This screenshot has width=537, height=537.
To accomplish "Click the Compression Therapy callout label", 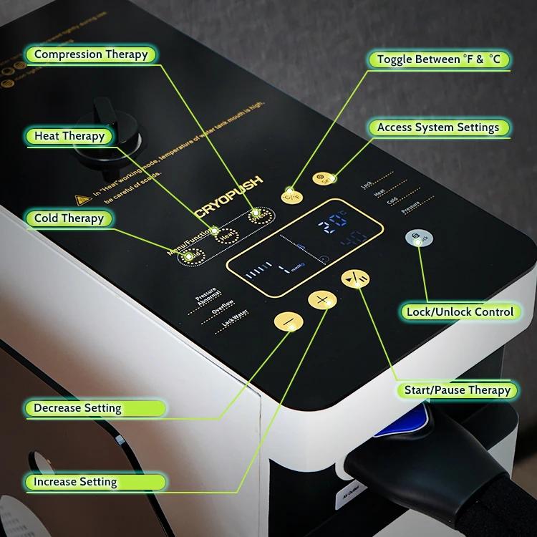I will click(91, 54).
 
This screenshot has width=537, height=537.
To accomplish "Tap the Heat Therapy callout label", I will click(69, 136).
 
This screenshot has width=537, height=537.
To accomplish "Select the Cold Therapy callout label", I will click(69, 218).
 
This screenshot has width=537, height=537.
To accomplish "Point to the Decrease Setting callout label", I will click(77, 408).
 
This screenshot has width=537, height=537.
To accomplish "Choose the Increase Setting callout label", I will click(75, 482).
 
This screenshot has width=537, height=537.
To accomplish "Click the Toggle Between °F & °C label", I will click(438, 59).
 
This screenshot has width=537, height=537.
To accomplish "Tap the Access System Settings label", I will click(438, 127).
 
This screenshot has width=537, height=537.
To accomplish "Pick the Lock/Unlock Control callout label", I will click(460, 311).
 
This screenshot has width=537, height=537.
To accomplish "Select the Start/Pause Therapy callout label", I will click(457, 390).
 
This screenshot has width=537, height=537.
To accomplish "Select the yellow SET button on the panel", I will click(324, 179).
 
